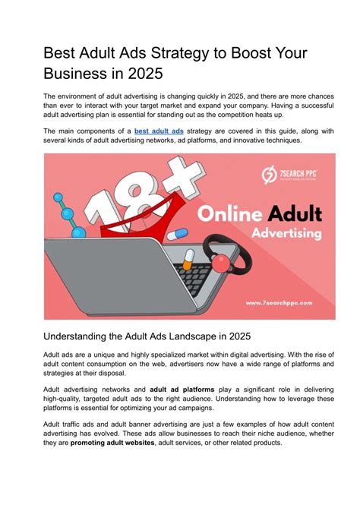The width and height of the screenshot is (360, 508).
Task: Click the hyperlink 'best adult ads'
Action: (x=159, y=131)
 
